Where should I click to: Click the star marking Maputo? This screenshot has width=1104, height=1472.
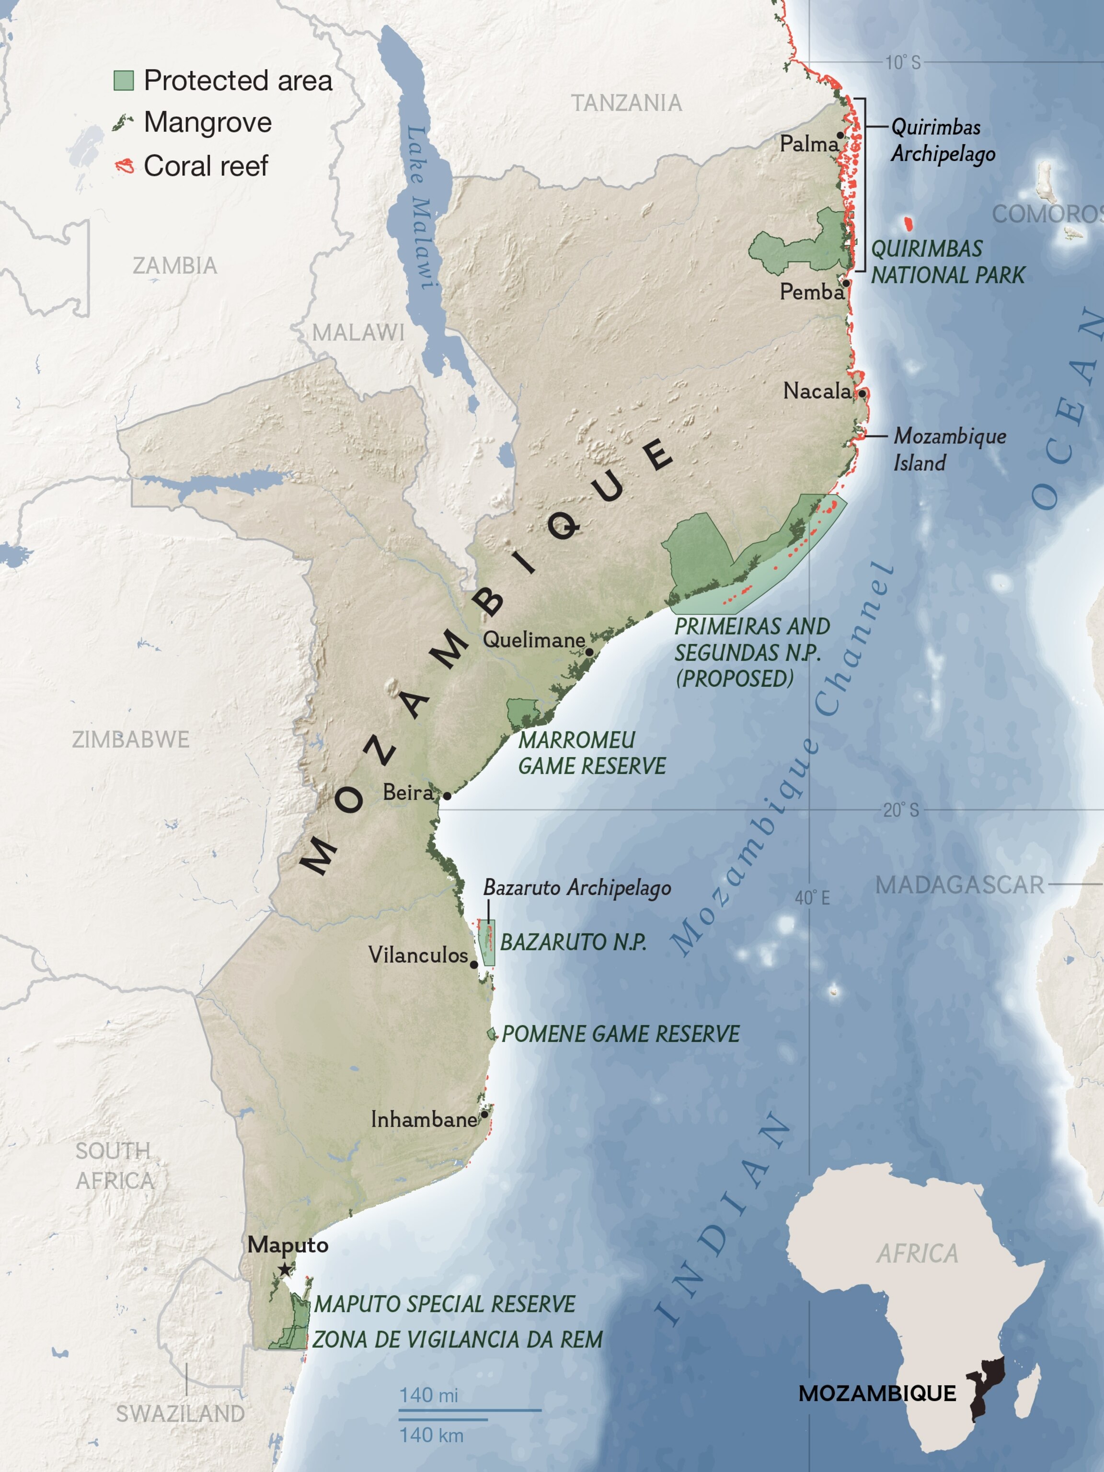pyautogui.click(x=285, y=1270)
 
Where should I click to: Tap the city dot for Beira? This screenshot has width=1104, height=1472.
pyautogui.click(x=447, y=796)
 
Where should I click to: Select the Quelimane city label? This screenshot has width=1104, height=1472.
pyautogui.click(x=534, y=640)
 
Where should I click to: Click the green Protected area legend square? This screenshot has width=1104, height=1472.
pyautogui.click(x=124, y=80)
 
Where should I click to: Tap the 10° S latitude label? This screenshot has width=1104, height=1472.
pyautogui.click(x=902, y=63)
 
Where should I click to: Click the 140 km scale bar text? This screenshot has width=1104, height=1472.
pyautogui.click(x=431, y=1435)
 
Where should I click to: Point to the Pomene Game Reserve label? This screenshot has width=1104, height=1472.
pyautogui.click(x=620, y=1034)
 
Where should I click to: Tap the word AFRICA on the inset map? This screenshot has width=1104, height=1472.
pyautogui.click(x=917, y=1253)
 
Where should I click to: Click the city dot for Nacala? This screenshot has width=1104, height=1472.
pyautogui.click(x=862, y=393)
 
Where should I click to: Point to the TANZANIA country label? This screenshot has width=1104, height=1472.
pyautogui.click(x=626, y=103)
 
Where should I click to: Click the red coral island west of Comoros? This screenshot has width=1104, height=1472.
pyautogui.click(x=907, y=224)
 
